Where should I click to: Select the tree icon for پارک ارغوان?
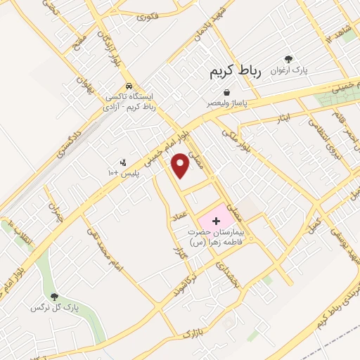(x=288, y=60)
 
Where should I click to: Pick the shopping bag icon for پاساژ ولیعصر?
(x=226, y=91)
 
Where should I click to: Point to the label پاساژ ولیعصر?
(x=226, y=103)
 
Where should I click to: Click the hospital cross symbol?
(x=216, y=221)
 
